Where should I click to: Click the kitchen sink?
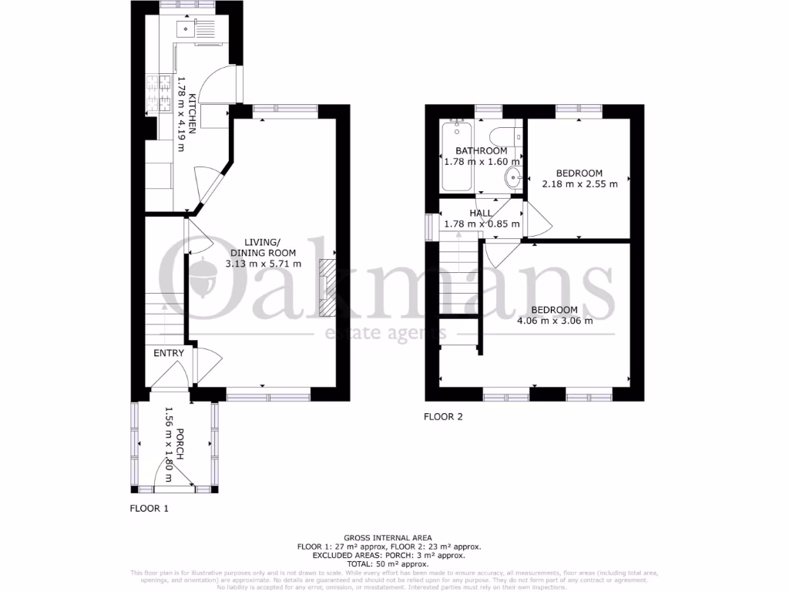[189, 30]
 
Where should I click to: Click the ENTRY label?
[169, 353]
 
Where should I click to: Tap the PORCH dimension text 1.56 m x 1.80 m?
[161, 444]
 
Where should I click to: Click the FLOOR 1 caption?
[148, 509]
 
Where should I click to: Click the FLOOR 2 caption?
[443, 417]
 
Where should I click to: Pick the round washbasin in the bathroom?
[512, 178]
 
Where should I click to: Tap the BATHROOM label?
[481, 151]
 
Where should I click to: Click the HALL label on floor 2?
[481, 213]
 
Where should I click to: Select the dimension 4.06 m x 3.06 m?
[555, 321]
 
